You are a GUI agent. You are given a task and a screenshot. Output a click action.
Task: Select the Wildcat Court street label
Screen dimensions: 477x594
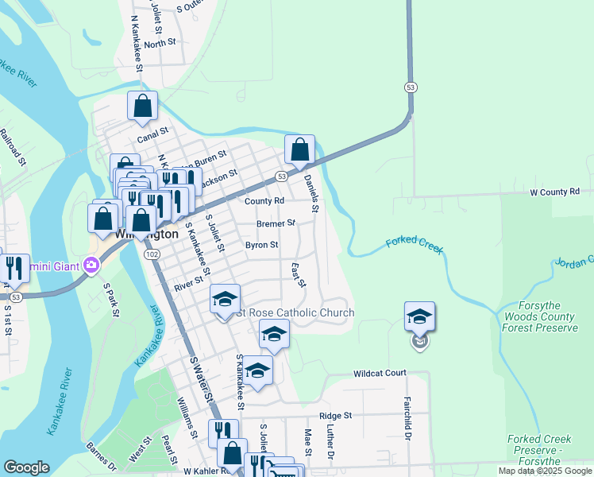point(380,373)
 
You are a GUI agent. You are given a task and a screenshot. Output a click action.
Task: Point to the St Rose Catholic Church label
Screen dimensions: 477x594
point(295,312)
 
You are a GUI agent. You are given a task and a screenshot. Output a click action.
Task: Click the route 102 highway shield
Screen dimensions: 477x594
point(151,254)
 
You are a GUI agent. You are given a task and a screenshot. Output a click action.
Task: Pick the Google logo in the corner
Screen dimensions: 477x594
point(26,467)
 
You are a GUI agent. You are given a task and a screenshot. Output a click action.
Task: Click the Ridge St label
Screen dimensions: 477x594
point(335,416)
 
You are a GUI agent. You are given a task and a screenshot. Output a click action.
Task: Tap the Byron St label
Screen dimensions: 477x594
point(261,246)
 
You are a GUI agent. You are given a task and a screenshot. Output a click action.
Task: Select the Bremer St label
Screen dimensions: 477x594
point(275,223)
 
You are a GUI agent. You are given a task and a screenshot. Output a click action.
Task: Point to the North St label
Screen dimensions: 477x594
point(160,43)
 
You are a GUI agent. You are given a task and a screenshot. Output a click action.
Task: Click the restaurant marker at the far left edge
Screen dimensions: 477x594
point(14,269)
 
